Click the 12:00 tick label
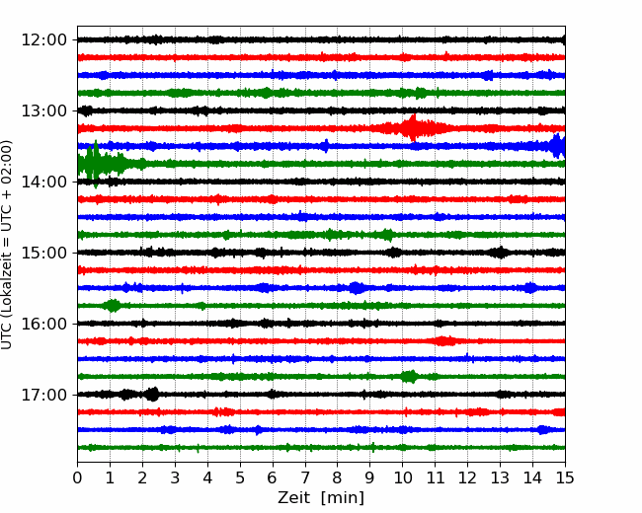click(x=43, y=40)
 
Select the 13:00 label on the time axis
click(x=43, y=110)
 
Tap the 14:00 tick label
click(x=43, y=183)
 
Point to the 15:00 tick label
click(x=43, y=253)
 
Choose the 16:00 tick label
click(x=43, y=324)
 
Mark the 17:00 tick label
click(x=43, y=396)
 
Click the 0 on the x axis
click(x=77, y=477)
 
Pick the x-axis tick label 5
click(x=240, y=477)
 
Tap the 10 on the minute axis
click(x=402, y=477)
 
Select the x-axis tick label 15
click(x=565, y=477)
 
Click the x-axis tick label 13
click(x=500, y=477)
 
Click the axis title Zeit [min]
click(x=321, y=498)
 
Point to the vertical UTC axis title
click(x=7, y=245)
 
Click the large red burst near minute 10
click(x=413, y=128)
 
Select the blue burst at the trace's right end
click(x=557, y=146)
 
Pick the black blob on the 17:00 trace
click(x=152, y=395)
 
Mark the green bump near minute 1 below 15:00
click(x=113, y=306)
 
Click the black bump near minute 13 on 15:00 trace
click(x=500, y=253)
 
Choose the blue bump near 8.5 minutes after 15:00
click(x=357, y=288)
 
